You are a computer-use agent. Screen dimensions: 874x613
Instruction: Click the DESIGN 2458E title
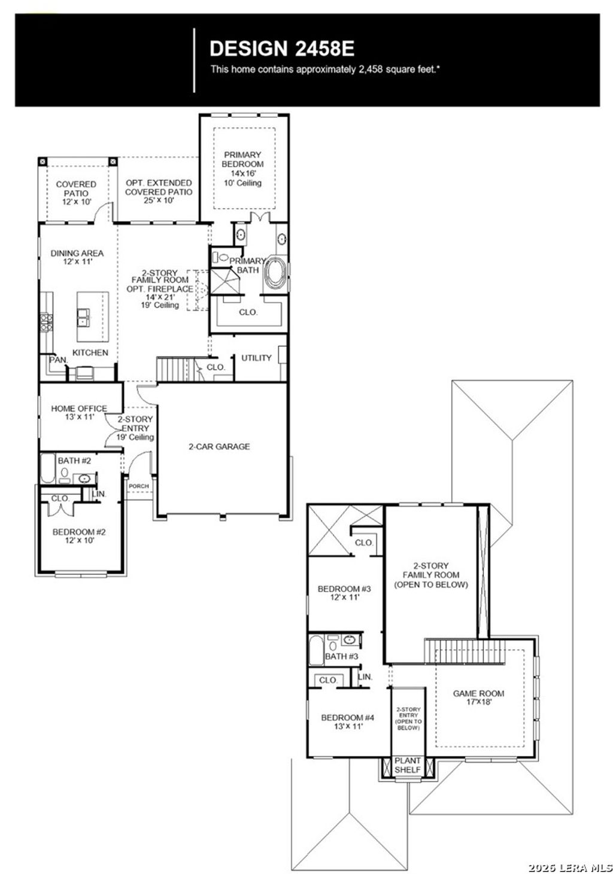pos(281,48)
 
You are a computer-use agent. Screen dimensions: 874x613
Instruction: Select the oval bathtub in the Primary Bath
pos(276,273)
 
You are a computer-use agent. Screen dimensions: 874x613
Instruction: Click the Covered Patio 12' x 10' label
pos(76,193)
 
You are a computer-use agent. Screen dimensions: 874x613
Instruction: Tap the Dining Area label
pos(77,257)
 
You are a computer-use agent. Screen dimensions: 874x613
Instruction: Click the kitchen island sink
pos(84,316)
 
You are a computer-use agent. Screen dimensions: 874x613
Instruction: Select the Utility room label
pos(256,358)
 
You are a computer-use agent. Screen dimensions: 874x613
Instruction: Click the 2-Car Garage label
pos(219,446)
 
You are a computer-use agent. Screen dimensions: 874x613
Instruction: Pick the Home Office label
pos(79,412)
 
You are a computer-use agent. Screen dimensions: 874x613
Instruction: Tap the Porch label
pos(139,486)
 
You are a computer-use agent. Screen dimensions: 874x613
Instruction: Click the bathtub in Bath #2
pos(48,468)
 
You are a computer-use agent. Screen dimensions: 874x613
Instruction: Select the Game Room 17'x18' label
pos(478,698)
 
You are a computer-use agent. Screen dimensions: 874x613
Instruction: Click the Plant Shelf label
pos(408,765)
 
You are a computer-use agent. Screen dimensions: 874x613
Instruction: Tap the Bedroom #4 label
pos(347,722)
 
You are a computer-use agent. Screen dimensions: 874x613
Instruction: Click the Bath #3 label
pos(341,656)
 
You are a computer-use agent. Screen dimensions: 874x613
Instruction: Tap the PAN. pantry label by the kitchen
pos(58,360)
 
